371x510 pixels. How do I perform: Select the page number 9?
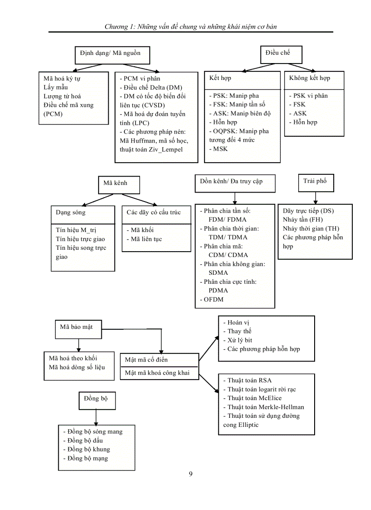(x=191, y=474)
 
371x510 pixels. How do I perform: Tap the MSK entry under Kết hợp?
(x=218, y=149)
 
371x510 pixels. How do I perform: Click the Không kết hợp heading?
(x=309, y=78)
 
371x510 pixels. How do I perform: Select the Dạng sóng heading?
(x=70, y=212)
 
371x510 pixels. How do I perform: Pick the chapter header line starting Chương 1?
(x=191, y=26)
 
